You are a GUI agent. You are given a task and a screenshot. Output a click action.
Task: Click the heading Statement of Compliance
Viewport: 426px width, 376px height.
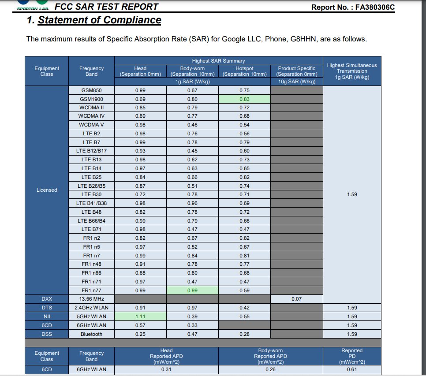coord(99,20)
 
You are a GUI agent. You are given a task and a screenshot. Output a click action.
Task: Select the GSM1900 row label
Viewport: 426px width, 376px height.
coord(91,99)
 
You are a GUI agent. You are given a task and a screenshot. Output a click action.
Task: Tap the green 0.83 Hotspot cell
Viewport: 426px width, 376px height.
coord(244,99)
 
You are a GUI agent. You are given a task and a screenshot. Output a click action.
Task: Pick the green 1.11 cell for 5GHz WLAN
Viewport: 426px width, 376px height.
coord(140,316)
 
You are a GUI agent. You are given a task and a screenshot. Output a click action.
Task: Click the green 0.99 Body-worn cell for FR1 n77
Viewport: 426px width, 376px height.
coord(192,290)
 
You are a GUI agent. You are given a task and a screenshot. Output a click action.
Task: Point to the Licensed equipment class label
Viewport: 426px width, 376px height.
coord(47,190)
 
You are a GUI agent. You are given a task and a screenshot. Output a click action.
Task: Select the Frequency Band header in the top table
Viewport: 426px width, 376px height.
coord(91,71)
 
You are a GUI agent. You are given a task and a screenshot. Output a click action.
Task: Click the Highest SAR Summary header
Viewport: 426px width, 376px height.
coord(218,61)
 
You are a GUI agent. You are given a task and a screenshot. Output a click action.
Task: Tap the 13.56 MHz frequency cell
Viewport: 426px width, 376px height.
coord(91,299)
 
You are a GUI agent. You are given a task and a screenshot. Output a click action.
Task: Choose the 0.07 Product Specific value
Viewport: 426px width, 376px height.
coord(296,299)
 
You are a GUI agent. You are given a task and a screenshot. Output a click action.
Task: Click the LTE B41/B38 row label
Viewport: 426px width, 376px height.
coord(91,203)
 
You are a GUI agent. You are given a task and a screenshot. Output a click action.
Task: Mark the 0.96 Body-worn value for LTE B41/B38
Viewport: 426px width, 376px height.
coord(192,203)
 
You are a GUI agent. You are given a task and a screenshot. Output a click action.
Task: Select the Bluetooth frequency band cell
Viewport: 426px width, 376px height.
coord(91,334)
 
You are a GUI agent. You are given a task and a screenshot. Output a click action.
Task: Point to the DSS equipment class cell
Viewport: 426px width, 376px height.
coord(47,334)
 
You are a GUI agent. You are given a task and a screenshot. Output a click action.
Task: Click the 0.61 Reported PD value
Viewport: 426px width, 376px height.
coord(352,369)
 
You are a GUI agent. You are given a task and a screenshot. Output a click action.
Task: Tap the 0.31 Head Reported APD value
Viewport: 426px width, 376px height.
coord(166,369)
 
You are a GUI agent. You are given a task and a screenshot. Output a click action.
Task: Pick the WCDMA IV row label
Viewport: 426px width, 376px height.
coord(91,116)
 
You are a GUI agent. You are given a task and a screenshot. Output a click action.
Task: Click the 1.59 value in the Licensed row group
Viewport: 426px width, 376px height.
coord(352,194)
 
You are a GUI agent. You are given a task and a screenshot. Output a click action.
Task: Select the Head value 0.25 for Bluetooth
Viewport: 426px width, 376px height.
coord(140,334)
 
